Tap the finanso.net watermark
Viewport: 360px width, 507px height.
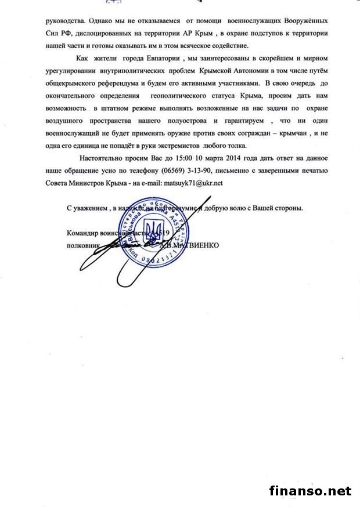(x=311, y=491)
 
